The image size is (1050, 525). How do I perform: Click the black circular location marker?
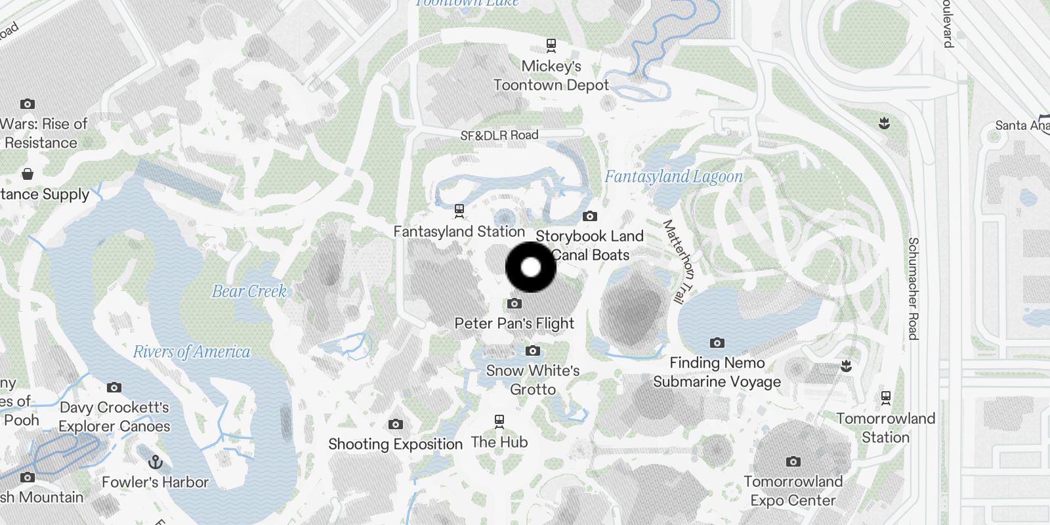[531, 267]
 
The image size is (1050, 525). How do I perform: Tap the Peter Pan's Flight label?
[514, 323]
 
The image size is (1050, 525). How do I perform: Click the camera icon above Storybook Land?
[589, 216]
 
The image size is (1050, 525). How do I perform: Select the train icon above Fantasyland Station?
[459, 211]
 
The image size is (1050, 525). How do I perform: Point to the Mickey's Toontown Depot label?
[551, 75]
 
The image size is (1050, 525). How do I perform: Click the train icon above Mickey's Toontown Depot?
[551, 45]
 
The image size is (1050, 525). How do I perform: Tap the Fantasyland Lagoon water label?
[673, 177]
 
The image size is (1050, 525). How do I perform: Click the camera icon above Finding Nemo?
[717, 343]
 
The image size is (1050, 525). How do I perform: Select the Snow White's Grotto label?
[533, 379]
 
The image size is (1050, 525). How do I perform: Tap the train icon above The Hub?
[499, 420]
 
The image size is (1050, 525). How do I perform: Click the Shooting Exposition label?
[395, 444]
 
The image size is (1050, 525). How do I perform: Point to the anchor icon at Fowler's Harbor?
[156, 461]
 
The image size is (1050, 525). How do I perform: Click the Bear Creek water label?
[249, 291]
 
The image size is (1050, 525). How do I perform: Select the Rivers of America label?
[192, 352]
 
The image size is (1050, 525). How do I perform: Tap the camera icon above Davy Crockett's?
[114, 387]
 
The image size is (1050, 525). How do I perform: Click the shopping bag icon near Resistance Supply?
[28, 174]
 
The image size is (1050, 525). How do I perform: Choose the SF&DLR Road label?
[499, 135]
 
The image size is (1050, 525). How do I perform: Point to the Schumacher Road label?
[913, 289]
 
